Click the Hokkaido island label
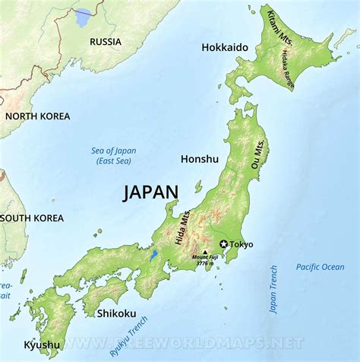(225, 47)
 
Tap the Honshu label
(200, 159)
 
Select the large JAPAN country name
(151, 192)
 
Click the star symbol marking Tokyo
(223, 244)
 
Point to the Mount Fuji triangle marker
(205, 251)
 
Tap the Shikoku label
(116, 313)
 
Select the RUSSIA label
(106, 42)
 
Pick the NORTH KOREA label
(37, 116)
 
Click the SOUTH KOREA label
(33, 218)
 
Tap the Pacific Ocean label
(320, 267)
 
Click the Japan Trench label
(273, 290)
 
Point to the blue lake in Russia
(83, 17)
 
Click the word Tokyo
(241, 245)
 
